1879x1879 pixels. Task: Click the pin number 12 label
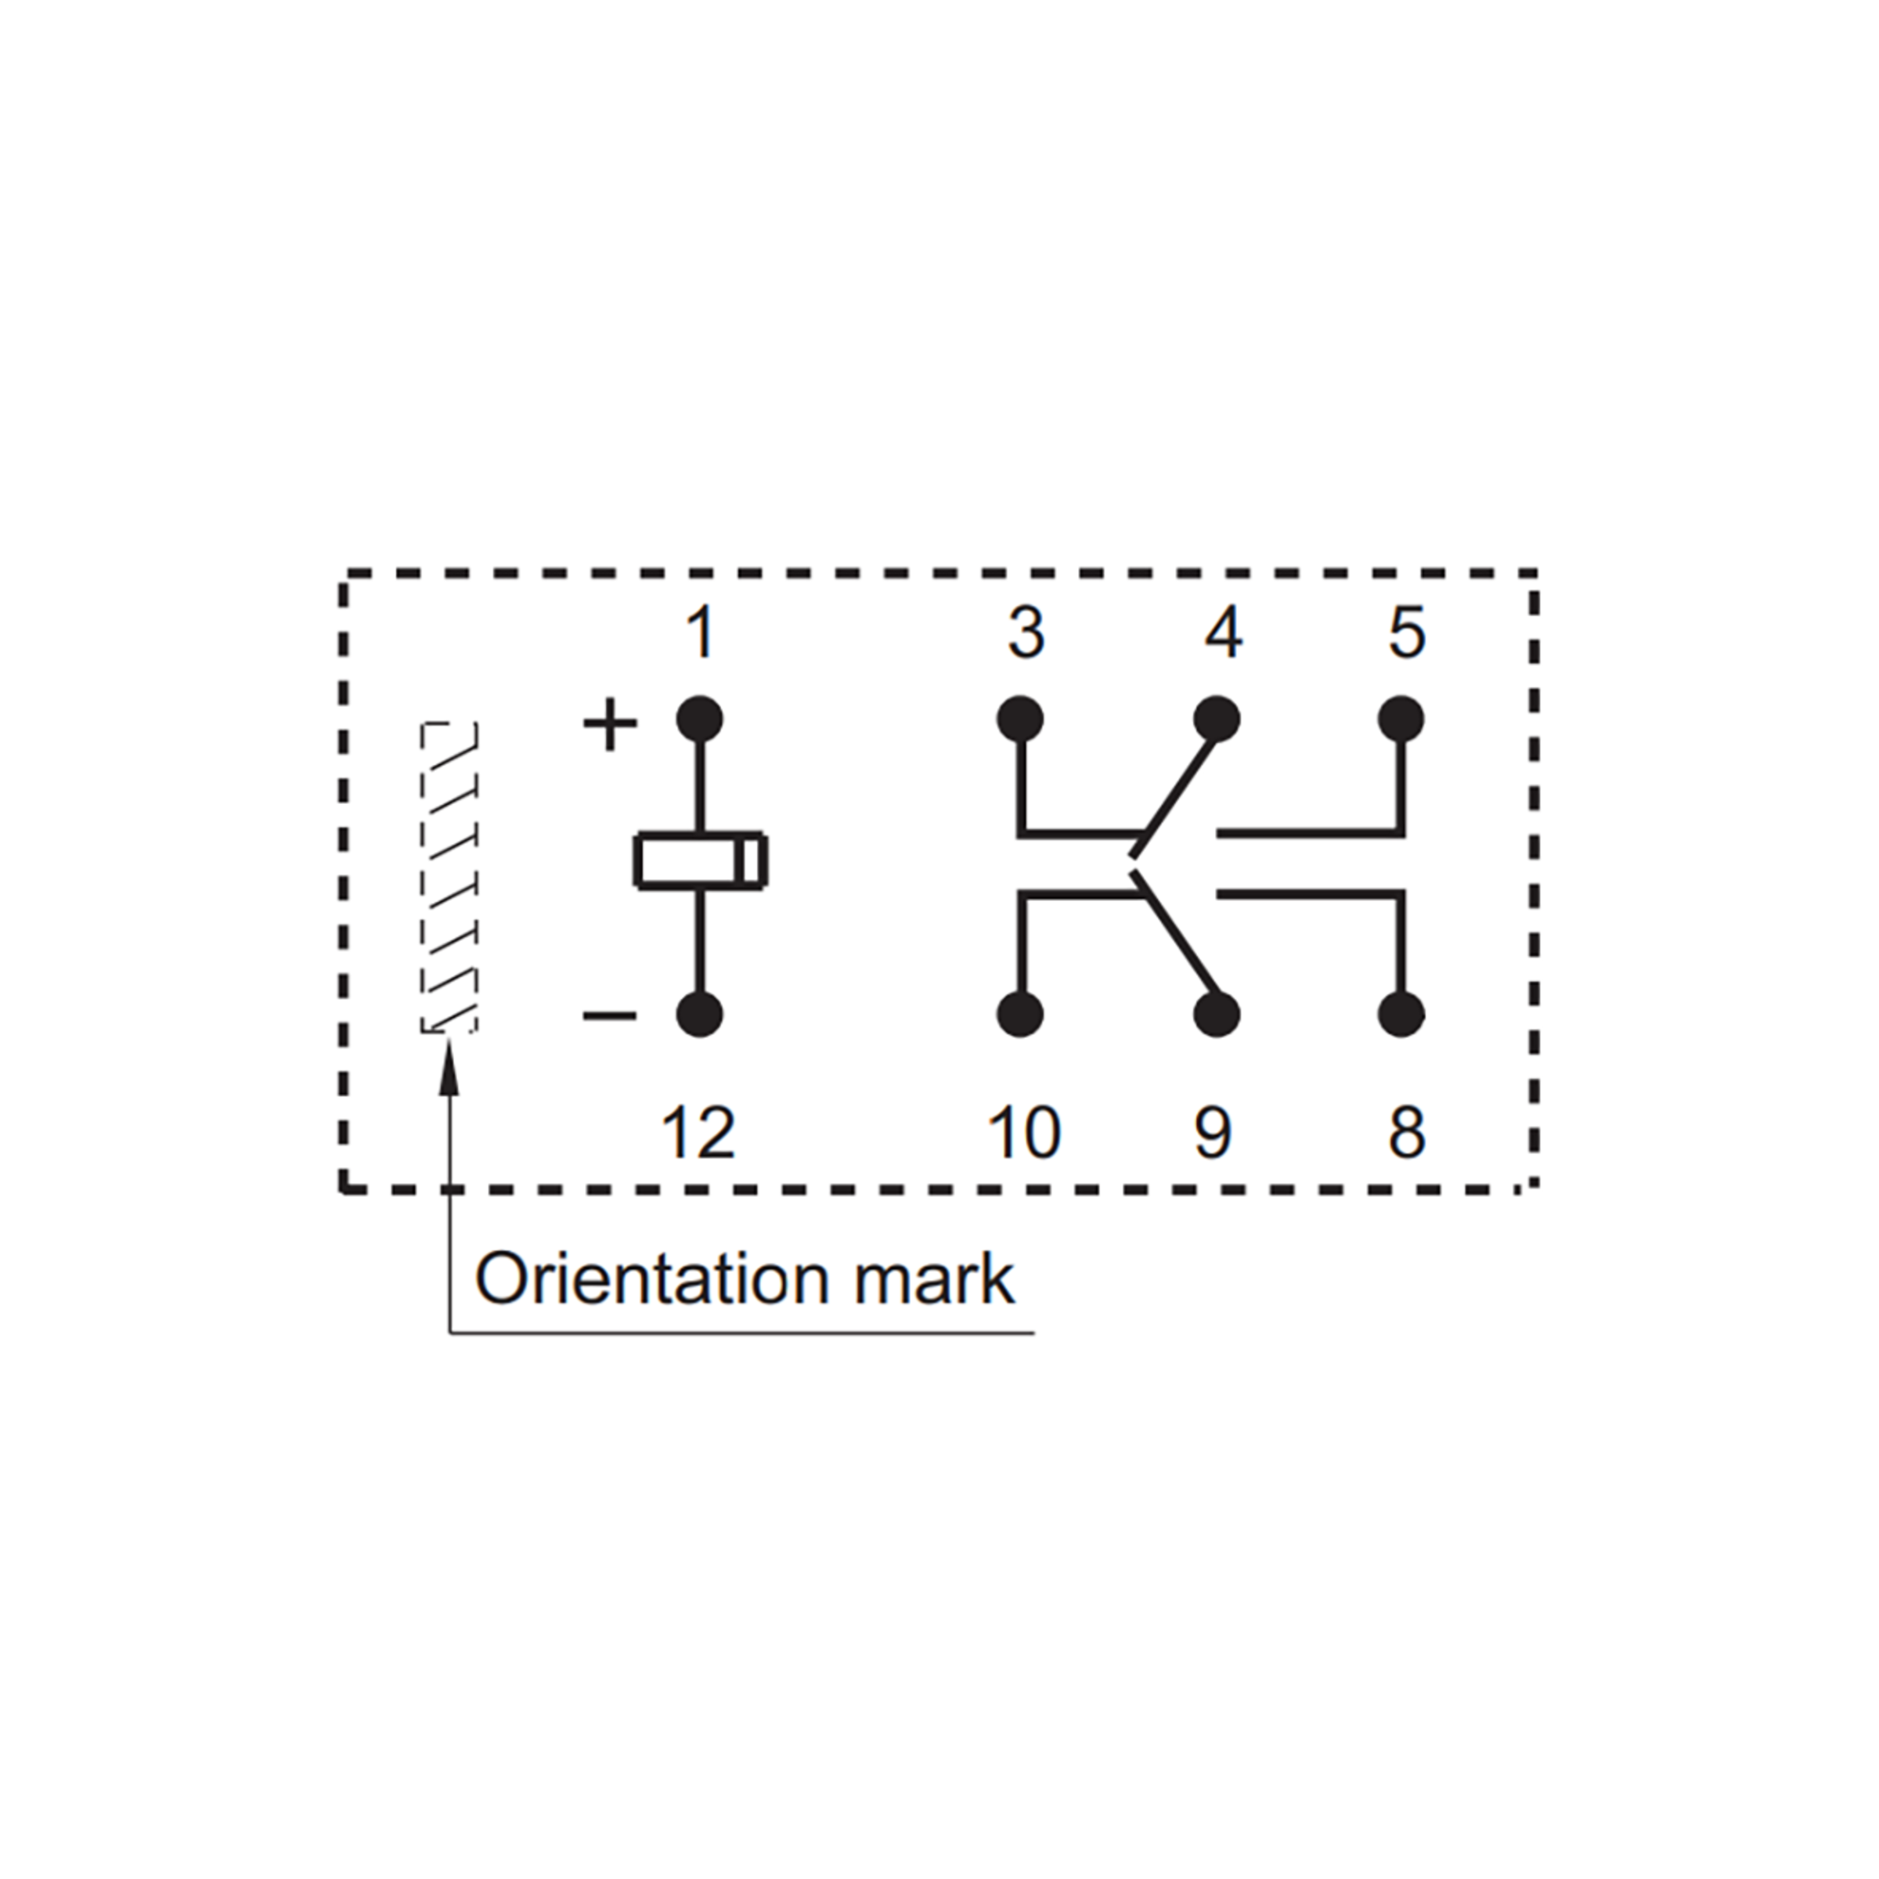pyautogui.click(x=698, y=1133)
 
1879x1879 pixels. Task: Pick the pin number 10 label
pyautogui.click(x=1024, y=1133)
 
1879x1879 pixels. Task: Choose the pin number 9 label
pyautogui.click(x=1214, y=1133)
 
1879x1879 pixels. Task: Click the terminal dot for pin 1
pyautogui.click(x=699, y=720)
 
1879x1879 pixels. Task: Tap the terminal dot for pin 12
pyautogui.click(x=699, y=1015)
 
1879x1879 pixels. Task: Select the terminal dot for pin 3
pyautogui.click(x=1020, y=720)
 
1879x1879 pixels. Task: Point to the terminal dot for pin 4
pyautogui.click(x=1216, y=720)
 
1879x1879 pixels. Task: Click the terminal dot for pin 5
pyautogui.click(x=1402, y=720)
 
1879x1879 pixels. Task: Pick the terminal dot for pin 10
pyautogui.click(x=1020, y=1015)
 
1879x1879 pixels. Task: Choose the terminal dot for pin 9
pyautogui.click(x=1216, y=1015)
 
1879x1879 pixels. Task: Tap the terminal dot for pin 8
pyautogui.click(x=1402, y=1015)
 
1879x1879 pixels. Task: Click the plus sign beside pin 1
pyautogui.click(x=610, y=723)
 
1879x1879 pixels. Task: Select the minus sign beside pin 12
pyautogui.click(x=610, y=1016)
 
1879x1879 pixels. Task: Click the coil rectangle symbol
pyautogui.click(x=700, y=860)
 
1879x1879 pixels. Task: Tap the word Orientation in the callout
pyautogui.click(x=649, y=1279)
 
